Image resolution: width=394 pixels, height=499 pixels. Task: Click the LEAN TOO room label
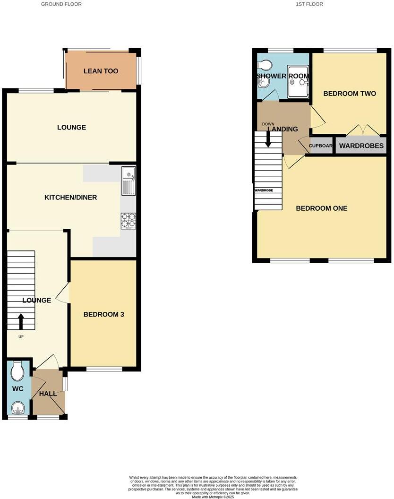pyautogui.click(x=101, y=71)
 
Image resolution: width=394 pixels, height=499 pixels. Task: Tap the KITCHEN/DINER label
pyautogui.click(x=70, y=198)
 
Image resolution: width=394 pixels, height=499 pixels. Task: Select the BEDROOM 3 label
pyautogui.click(x=103, y=314)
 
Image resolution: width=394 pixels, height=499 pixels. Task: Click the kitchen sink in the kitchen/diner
pyautogui.click(x=128, y=181)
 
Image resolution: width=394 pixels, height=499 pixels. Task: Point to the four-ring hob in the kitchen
pyautogui.click(x=128, y=221)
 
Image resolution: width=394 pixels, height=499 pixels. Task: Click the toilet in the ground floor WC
pyautogui.click(x=17, y=371)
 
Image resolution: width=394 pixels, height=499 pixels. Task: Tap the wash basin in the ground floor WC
pyautogui.click(x=18, y=407)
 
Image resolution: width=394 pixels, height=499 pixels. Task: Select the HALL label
pyautogui.click(x=48, y=394)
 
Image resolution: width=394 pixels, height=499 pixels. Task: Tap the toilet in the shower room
pyautogui.click(x=265, y=65)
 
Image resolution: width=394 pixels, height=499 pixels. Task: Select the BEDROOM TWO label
pyautogui.click(x=350, y=94)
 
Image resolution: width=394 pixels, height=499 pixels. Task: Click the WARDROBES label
pyautogui.click(x=361, y=146)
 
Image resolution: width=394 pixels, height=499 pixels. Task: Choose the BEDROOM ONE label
pyautogui.click(x=322, y=208)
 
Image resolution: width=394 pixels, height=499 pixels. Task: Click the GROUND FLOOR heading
pyautogui.click(x=61, y=4)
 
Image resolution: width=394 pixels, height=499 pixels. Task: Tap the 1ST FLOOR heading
pyautogui.click(x=309, y=4)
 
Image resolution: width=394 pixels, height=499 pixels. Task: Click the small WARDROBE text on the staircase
pyautogui.click(x=264, y=190)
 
